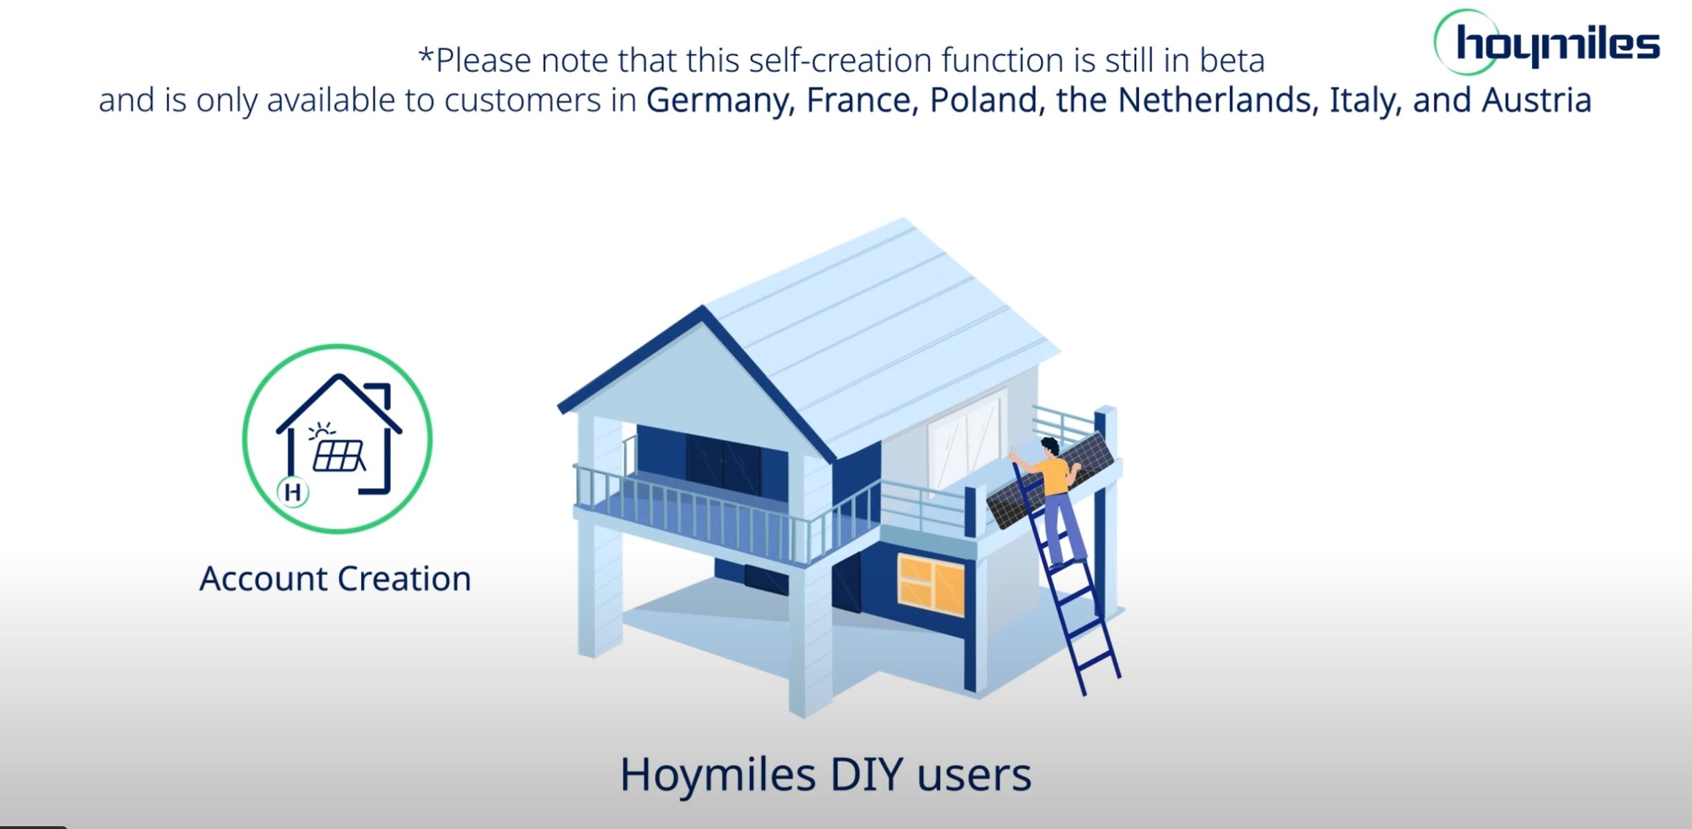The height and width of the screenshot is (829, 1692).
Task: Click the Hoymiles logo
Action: click(1547, 43)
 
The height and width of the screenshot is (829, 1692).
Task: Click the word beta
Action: click(1232, 60)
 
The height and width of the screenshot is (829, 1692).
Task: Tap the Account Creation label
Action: click(336, 579)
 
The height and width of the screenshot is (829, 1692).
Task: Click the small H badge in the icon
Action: click(293, 493)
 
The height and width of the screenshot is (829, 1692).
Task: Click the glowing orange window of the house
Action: click(931, 585)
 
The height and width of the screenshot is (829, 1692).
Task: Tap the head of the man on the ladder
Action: click(1050, 446)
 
